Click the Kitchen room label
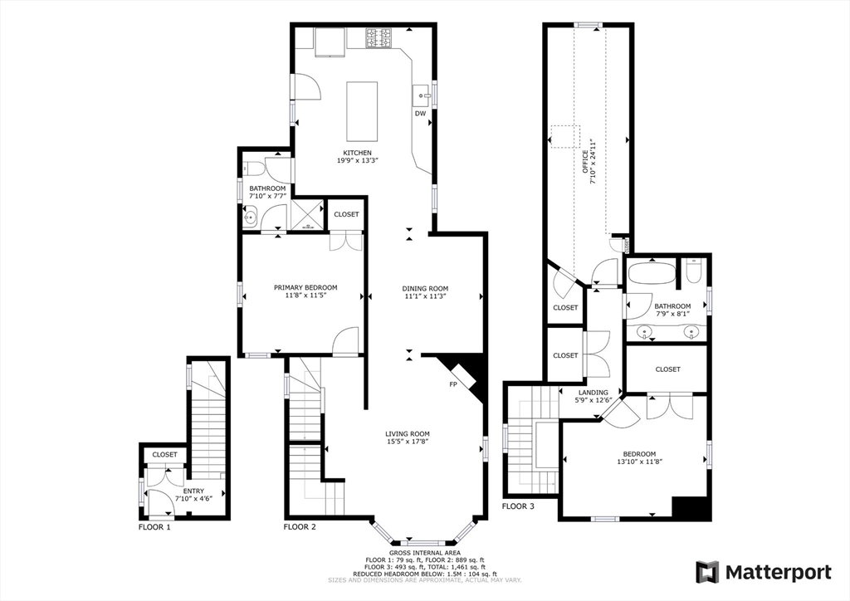pyautogui.click(x=357, y=153)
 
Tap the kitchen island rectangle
pyautogui.click(x=362, y=111)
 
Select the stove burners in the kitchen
pyautogui.click(x=379, y=38)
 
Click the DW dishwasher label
pyautogui.click(x=420, y=114)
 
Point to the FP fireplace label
pyautogui.click(x=452, y=385)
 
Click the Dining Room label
pyautogui.click(x=425, y=289)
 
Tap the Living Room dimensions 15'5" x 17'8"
pyautogui.click(x=408, y=442)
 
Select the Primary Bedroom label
pyautogui.click(x=305, y=288)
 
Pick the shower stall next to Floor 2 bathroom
pyautogui.click(x=307, y=215)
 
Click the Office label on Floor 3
pyautogui.click(x=585, y=161)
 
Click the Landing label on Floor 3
pyautogui.click(x=593, y=393)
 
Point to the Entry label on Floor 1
pyautogui.click(x=193, y=491)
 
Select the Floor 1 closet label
pyautogui.click(x=164, y=455)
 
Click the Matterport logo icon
pyautogui.click(x=707, y=572)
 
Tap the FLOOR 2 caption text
pyautogui.click(x=300, y=527)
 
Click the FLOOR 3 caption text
pyautogui.click(x=518, y=506)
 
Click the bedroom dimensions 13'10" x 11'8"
pyautogui.click(x=639, y=462)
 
